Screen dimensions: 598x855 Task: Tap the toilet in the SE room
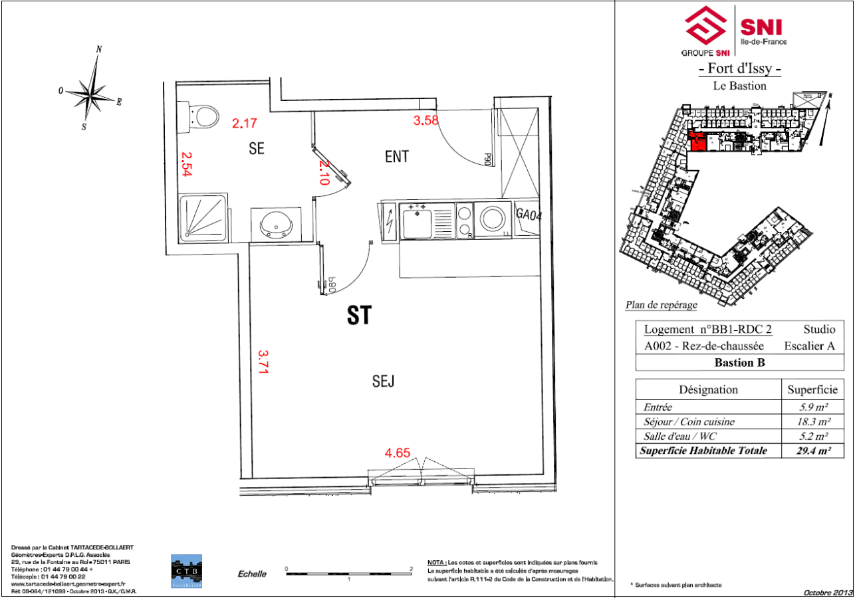click(202, 117)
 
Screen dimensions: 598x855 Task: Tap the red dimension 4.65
click(397, 453)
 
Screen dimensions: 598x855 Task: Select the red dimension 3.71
click(263, 363)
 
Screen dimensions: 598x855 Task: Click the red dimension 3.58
click(426, 120)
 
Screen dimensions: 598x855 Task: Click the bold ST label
click(360, 316)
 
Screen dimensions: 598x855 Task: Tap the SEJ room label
click(384, 381)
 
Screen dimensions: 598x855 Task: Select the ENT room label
click(396, 157)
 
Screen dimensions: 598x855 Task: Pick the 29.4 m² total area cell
click(813, 450)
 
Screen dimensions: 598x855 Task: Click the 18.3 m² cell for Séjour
click(813, 421)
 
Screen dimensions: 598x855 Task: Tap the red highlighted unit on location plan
click(697, 142)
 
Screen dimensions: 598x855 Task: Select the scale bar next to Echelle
click(349, 571)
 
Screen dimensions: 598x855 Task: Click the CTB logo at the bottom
click(187, 571)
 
